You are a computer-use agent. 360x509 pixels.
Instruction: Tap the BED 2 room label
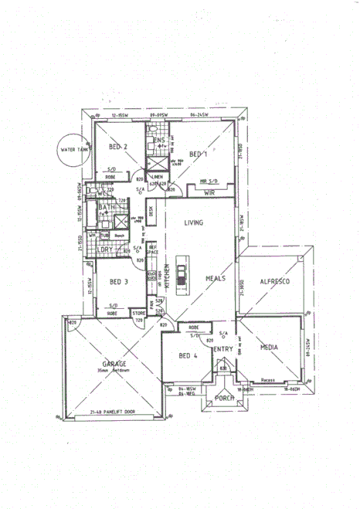point(118,147)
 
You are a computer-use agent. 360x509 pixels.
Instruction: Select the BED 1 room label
point(199,154)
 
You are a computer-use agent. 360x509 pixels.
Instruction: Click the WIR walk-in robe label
point(209,194)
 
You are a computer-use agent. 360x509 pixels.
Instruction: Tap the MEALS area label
point(215,278)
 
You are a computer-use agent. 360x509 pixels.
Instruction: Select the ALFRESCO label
point(274,283)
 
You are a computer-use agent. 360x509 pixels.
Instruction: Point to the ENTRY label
point(223,349)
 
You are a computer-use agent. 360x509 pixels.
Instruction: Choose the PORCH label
point(224,398)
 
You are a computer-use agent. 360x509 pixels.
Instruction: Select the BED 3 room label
point(118,282)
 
